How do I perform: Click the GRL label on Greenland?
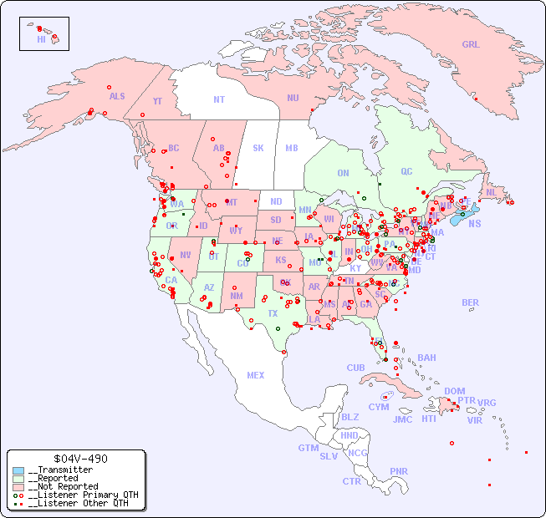tap(471, 44)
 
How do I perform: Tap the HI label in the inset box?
tap(41, 38)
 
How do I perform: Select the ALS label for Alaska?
tap(117, 96)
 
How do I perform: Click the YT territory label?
tap(157, 101)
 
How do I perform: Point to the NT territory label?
tap(219, 99)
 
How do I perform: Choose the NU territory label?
tap(293, 98)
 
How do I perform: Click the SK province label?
tap(258, 148)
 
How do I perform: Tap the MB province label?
tap(291, 148)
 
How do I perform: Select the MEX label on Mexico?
tap(256, 375)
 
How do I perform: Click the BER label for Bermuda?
tap(470, 302)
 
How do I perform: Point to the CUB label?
tap(355, 368)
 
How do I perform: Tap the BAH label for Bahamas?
tap(426, 358)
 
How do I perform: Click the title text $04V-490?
tap(79, 459)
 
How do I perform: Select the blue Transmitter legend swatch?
tap(18, 470)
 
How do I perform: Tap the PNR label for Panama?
tap(399, 471)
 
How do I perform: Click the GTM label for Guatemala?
tap(308, 448)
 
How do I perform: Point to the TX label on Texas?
tap(273, 313)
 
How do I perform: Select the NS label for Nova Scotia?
tap(474, 223)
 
